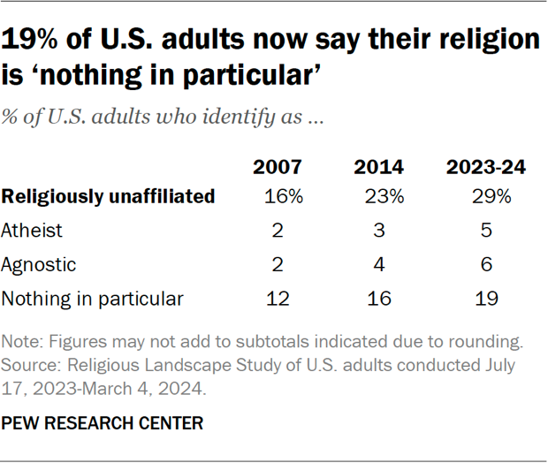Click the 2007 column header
click(x=279, y=168)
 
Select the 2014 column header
click(x=379, y=168)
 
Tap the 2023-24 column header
click(x=487, y=168)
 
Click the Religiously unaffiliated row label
click(x=108, y=197)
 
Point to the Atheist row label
click(x=33, y=231)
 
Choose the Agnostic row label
click(x=39, y=264)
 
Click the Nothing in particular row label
click(x=92, y=299)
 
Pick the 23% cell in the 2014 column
click(x=383, y=197)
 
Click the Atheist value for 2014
click(x=379, y=231)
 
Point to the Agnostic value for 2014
click(x=379, y=264)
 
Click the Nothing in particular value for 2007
click(x=279, y=299)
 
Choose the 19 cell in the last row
click(x=487, y=299)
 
